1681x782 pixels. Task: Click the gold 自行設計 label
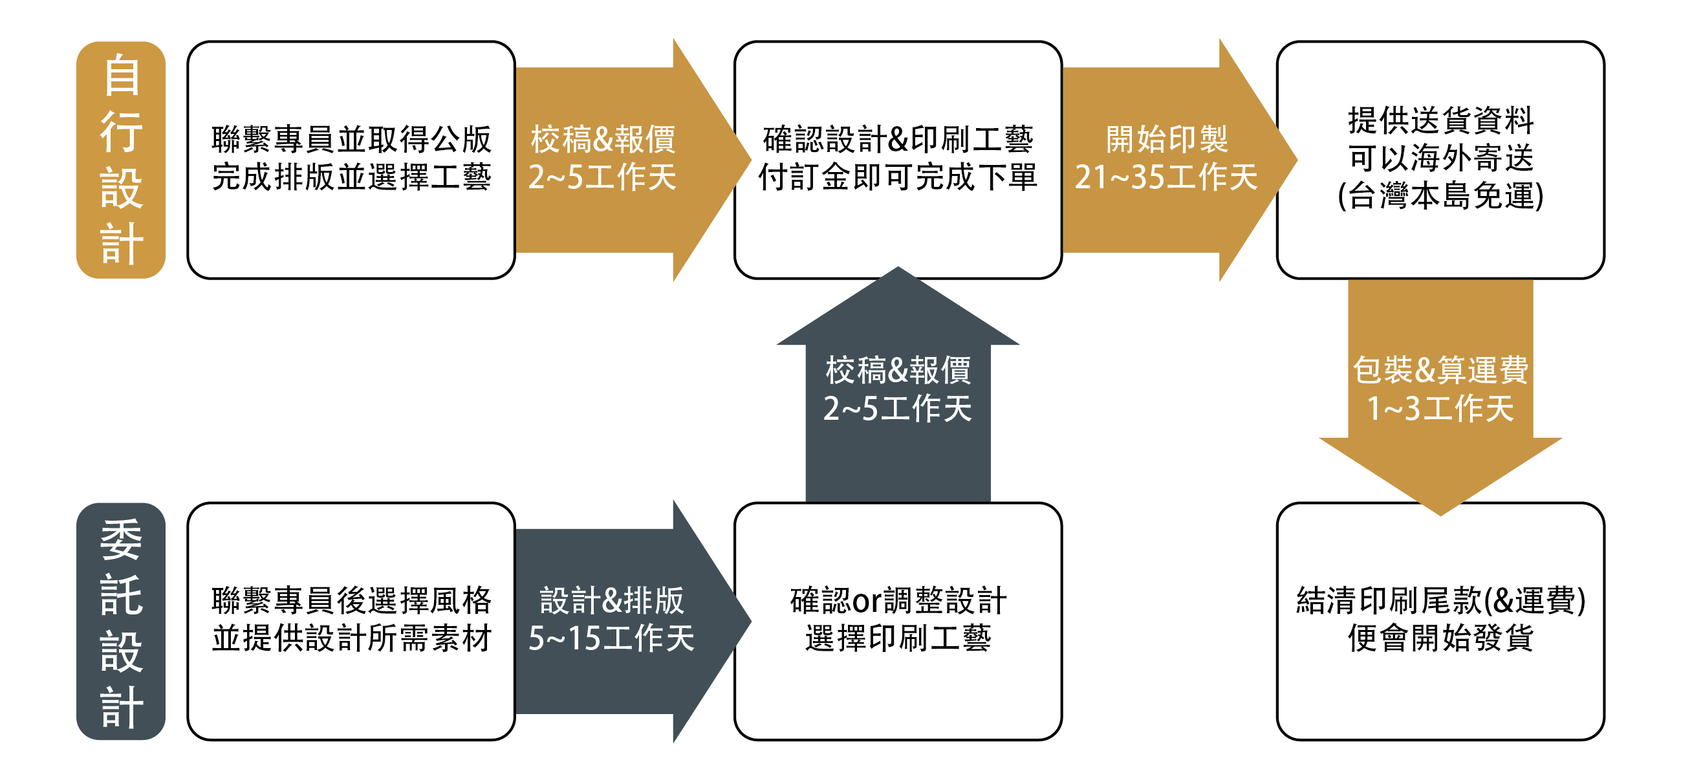(x=121, y=160)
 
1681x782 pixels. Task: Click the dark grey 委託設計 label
(x=121, y=621)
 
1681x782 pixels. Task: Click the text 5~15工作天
(x=611, y=638)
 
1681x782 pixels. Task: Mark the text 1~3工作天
(x=1440, y=409)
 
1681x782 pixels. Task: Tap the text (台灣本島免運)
(x=1440, y=196)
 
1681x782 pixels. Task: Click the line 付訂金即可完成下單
(x=898, y=177)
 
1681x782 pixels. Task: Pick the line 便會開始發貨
(x=1440, y=638)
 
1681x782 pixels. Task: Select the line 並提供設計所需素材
(x=351, y=638)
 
